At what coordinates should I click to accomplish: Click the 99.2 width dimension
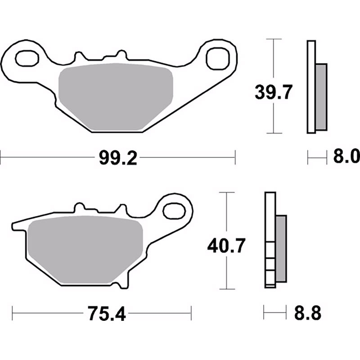click(x=118, y=158)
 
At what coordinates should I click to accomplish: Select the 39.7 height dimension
click(x=274, y=92)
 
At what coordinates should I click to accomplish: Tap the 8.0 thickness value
click(x=346, y=156)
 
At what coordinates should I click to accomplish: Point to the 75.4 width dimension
click(x=107, y=314)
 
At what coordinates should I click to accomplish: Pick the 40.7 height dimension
click(x=226, y=246)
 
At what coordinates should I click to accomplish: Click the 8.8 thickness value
click(x=308, y=313)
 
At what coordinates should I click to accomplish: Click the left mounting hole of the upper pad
click(x=27, y=58)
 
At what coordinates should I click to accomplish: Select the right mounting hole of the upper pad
click(x=218, y=58)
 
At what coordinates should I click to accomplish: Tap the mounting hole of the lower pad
click(x=174, y=211)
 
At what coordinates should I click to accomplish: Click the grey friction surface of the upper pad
click(x=116, y=97)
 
